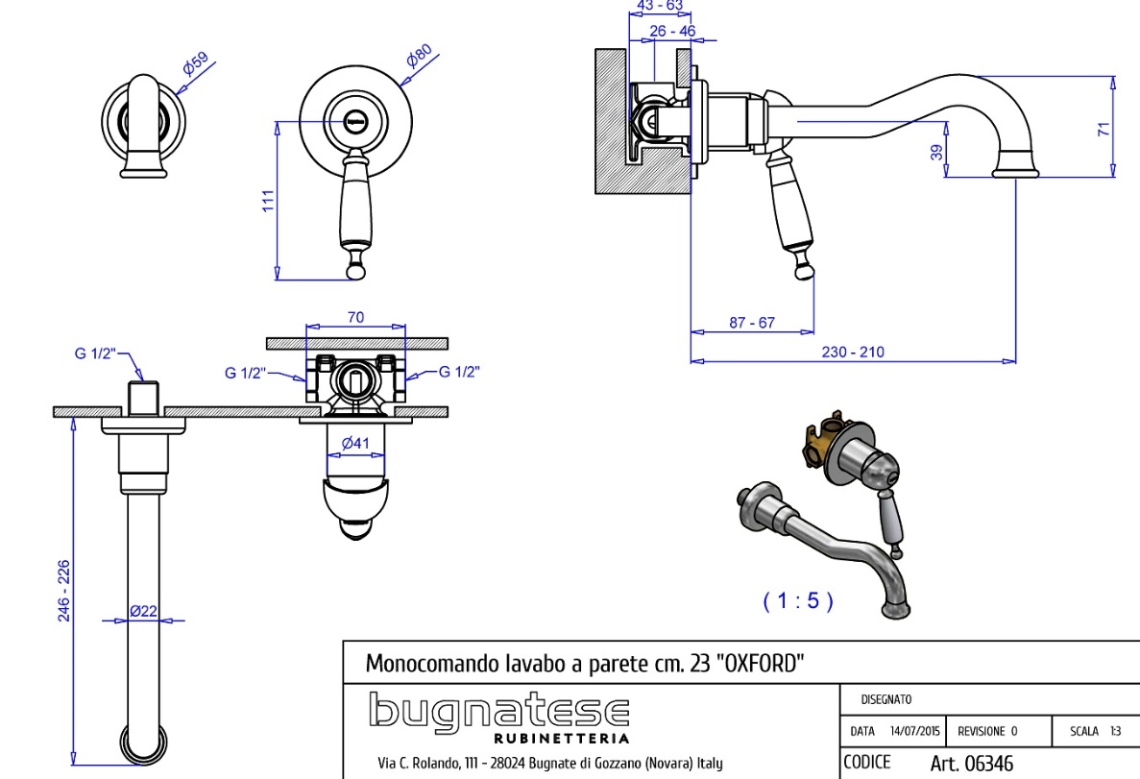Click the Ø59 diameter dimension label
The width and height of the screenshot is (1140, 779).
[x=196, y=66]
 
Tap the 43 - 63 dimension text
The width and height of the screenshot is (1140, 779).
[x=661, y=6]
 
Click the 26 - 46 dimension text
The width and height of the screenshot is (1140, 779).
[x=672, y=31]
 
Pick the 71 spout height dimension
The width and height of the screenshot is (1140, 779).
[x=1104, y=129]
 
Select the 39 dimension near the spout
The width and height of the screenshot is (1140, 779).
[x=936, y=152]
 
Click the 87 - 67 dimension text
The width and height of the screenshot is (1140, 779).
[x=751, y=323]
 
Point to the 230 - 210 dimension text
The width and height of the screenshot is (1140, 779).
[x=853, y=352]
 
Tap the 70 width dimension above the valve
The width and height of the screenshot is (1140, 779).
[x=355, y=318]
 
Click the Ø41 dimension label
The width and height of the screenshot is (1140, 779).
[x=356, y=443]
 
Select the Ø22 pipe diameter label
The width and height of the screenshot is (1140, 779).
[x=143, y=611]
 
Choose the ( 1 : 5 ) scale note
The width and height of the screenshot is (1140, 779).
[x=798, y=601]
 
